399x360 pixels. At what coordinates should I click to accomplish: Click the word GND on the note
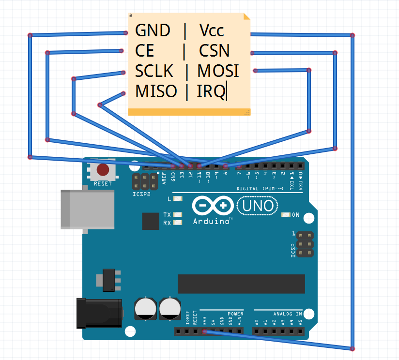click(153, 30)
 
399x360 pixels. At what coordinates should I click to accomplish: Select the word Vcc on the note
click(212, 30)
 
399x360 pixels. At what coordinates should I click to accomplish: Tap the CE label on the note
click(145, 51)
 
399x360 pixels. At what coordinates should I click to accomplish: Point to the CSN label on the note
click(214, 51)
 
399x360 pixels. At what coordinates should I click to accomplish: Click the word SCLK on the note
click(154, 71)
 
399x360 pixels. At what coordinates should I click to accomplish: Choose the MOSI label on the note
click(218, 71)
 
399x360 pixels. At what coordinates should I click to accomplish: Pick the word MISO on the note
click(156, 91)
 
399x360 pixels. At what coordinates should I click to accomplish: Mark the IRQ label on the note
click(211, 91)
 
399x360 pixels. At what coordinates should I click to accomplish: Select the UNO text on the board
click(258, 206)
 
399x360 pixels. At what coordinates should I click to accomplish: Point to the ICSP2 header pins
click(145, 182)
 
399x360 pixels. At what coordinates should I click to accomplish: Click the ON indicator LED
click(285, 215)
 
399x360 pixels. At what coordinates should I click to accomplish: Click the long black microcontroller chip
click(241, 284)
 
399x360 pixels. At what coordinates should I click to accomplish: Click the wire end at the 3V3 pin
click(204, 331)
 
